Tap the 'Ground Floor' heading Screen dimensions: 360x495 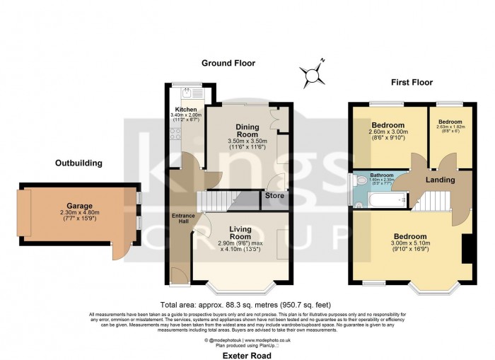(228, 63)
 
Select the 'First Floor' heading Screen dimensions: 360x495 (412, 82)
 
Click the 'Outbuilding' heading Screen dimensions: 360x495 (78, 163)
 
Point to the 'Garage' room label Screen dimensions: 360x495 (80, 206)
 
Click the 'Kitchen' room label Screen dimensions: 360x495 (186, 110)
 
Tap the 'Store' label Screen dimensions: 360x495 (274, 195)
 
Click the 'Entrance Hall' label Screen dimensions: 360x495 (181, 219)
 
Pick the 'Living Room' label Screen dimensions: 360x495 (241, 233)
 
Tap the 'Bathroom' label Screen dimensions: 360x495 (381, 174)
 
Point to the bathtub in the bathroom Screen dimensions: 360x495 (382, 202)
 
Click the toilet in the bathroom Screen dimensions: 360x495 (359, 181)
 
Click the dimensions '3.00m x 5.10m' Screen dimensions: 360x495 (409, 244)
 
